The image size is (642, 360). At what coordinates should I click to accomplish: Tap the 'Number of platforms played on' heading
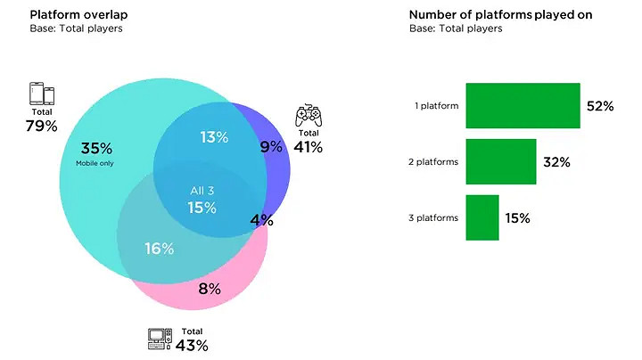tap(500, 14)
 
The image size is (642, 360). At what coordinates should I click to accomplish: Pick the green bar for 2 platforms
tap(501, 162)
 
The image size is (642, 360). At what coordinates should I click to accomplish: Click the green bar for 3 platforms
tap(482, 217)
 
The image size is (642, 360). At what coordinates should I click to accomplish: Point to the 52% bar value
tap(600, 106)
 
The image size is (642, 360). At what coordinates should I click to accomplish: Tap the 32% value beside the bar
tap(556, 162)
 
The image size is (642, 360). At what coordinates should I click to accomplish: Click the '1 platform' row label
tap(437, 106)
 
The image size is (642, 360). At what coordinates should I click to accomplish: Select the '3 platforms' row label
tap(434, 218)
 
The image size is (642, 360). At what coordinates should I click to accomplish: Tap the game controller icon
tap(309, 115)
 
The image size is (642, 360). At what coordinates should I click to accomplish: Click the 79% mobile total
tap(41, 126)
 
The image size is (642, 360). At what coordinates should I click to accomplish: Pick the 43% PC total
tap(192, 345)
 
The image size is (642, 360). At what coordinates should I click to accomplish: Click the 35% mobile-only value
tap(96, 148)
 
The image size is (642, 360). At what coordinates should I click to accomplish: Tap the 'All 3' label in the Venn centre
tap(202, 191)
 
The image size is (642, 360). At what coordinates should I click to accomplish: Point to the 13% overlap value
tap(214, 137)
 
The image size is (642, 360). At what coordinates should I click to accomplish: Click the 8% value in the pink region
tap(209, 288)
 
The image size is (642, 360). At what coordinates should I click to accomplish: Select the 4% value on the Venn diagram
tap(261, 220)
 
